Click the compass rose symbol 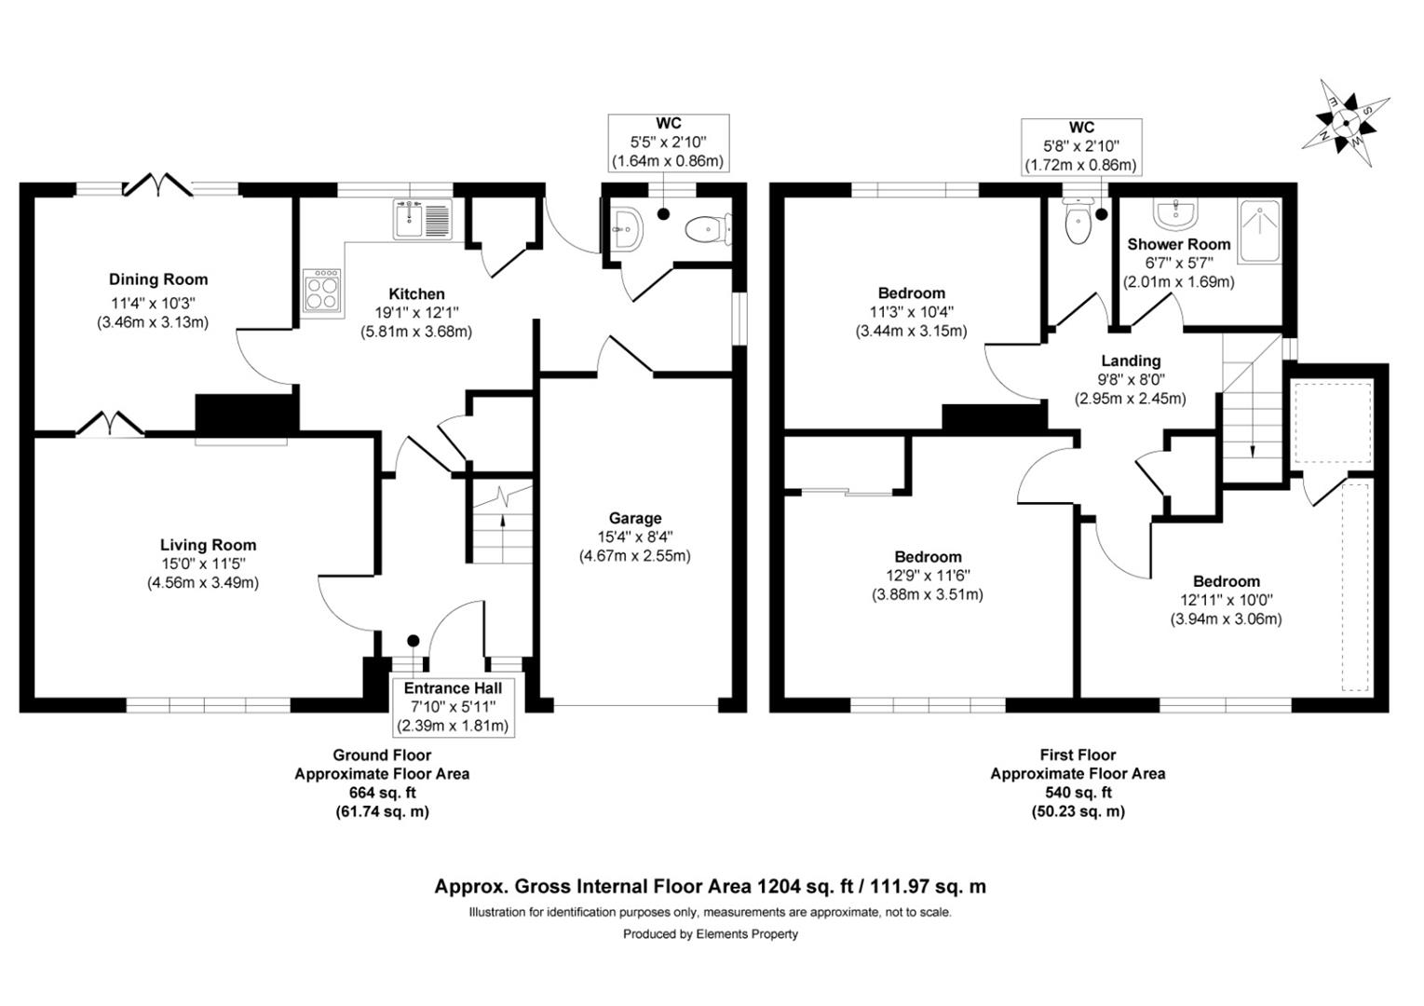point(1345,123)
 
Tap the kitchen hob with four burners point(321,291)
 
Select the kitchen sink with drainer point(422,219)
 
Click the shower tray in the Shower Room point(1258,231)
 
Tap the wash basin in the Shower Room point(1176,214)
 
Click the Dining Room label point(158,279)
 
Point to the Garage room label point(635,518)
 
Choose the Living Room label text point(208,545)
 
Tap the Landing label point(1131,361)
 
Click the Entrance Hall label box point(453,706)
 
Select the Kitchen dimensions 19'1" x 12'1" point(416,313)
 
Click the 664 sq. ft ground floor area point(382,793)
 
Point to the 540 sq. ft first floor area point(1078,793)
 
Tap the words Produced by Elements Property point(710,934)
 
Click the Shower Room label point(1179,244)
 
